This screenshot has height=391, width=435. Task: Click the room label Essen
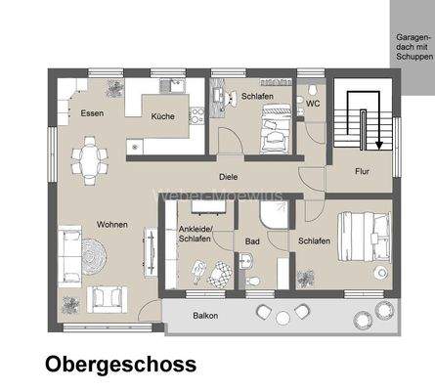pyautogui.click(x=93, y=113)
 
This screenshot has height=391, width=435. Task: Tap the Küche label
pyautogui.click(x=163, y=116)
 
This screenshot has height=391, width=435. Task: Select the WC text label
pyautogui.click(x=312, y=103)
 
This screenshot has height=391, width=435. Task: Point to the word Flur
pyautogui.click(x=362, y=170)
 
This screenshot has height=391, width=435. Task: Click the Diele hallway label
pyautogui.click(x=229, y=177)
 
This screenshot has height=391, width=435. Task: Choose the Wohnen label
pyautogui.click(x=112, y=225)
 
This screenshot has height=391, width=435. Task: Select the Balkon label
pyautogui.click(x=204, y=316)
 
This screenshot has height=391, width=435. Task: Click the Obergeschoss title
pyautogui.click(x=119, y=364)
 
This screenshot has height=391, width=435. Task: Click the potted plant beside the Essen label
pyautogui.click(x=115, y=88)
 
